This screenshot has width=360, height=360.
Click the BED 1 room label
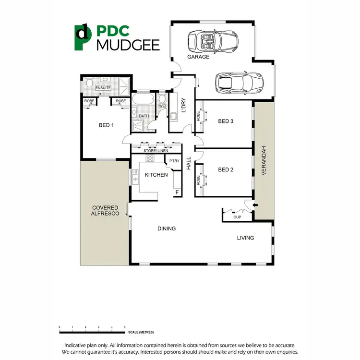tap(106, 125)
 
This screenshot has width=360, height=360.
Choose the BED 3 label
tap(226, 121)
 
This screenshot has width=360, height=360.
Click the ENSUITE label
tap(103, 88)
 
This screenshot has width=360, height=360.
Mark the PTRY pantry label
tap(174, 161)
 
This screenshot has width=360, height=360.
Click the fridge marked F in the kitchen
tap(177, 192)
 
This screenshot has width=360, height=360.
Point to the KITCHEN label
tap(156, 175)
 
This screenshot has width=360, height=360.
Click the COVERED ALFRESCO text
tap(106, 210)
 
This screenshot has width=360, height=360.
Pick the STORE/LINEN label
tap(155, 151)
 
